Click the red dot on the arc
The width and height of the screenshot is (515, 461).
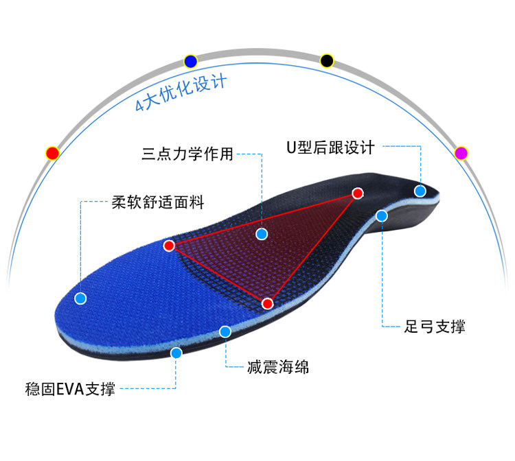tap(53, 153)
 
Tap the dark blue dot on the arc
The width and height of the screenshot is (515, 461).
tap(191, 61)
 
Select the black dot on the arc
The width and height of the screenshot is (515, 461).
tap(327, 60)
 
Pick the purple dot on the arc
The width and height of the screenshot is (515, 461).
tap(461, 152)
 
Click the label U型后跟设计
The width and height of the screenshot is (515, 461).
tap(330, 147)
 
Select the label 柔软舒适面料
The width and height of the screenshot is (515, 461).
tap(158, 202)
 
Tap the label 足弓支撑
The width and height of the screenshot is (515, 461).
tap(435, 327)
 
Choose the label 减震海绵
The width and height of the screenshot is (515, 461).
tap(278, 368)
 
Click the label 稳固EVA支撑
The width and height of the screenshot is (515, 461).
tap(69, 390)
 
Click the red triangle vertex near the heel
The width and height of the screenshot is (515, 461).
tap(357, 193)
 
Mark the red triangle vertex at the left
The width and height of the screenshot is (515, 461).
tap(169, 245)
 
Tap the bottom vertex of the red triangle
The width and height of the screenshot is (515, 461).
tap(268, 303)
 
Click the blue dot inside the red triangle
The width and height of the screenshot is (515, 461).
tap(262, 234)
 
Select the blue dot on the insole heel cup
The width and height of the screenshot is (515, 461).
tap(420, 191)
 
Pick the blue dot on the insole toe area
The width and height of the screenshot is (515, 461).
tap(80, 298)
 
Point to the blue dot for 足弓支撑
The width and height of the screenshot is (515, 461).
tap(382, 215)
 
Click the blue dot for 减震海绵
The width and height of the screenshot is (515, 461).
tap(225, 332)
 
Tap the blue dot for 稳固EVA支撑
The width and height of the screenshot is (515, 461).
tap(176, 353)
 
